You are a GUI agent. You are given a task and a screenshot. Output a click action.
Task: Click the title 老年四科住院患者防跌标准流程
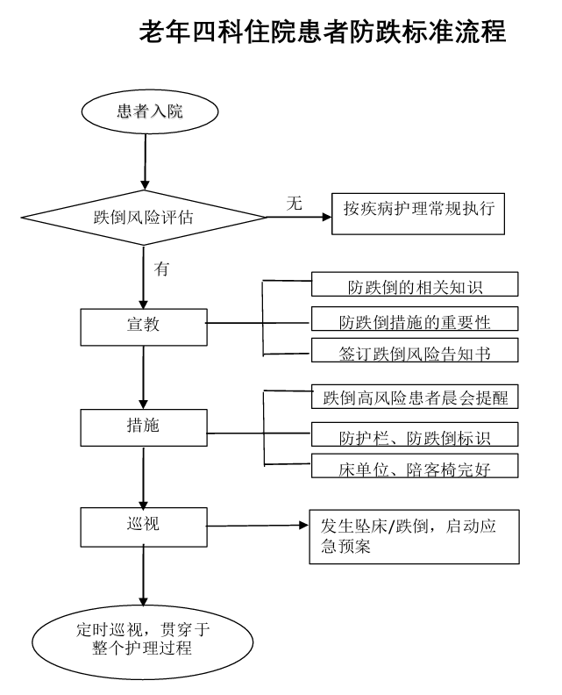[x=323, y=33]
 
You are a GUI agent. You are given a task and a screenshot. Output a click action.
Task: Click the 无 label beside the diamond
[x=295, y=204]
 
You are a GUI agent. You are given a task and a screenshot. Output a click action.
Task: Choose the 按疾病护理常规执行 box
[x=418, y=212]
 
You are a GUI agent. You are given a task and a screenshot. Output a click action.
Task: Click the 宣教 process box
[x=143, y=326]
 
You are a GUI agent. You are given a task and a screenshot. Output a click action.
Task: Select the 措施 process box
[x=143, y=426]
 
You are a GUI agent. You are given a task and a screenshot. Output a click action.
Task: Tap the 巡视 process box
[x=143, y=525]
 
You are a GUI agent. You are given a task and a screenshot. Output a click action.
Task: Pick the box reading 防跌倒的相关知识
[x=416, y=285]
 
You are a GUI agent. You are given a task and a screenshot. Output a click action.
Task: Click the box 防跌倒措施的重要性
[x=416, y=320]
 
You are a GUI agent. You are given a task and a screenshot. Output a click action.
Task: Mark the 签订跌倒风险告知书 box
[x=416, y=353]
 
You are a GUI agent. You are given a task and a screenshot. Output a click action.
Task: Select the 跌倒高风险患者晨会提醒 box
[x=416, y=397]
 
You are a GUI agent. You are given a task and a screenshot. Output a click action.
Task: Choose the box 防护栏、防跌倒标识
[x=416, y=433]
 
